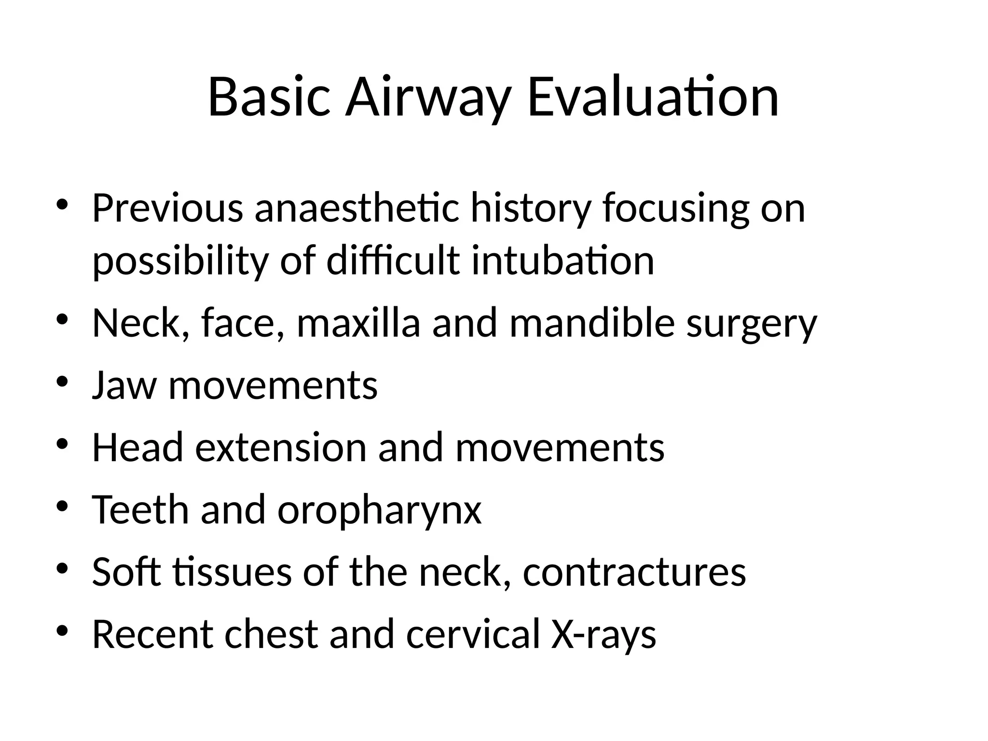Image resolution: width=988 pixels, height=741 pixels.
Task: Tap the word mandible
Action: coord(592,323)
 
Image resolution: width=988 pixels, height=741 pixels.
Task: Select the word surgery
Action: coord(752,324)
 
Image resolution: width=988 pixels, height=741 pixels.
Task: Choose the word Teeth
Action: coord(140,510)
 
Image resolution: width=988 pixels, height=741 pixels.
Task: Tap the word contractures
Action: coord(634,572)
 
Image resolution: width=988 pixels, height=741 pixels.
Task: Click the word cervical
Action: coord(472,634)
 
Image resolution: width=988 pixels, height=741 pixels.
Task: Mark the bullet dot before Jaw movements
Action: coord(63,383)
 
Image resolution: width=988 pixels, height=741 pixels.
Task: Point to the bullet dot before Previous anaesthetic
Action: coord(63,205)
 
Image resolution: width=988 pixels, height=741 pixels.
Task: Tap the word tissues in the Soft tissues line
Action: coord(232,572)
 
